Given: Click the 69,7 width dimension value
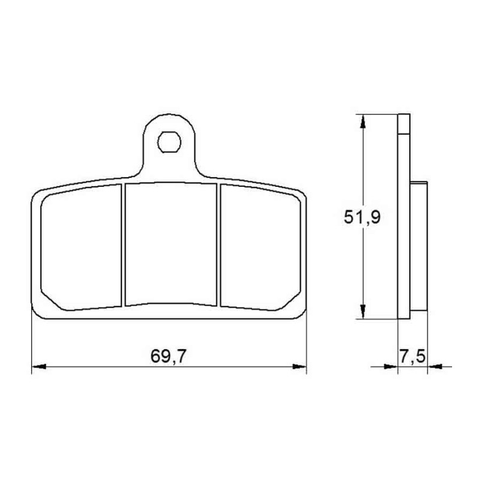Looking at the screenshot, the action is [168, 356].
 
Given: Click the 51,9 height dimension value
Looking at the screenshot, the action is [362, 217].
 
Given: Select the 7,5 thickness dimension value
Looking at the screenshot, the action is [412, 356].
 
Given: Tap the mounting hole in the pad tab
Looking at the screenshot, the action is [169, 142].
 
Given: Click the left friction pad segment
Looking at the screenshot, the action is [81, 247].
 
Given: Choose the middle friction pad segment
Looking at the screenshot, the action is [171, 244].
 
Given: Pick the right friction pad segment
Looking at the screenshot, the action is [260, 247].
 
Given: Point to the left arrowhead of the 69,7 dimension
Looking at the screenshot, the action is [39, 366].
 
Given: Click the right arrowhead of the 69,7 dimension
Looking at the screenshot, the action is [299, 366].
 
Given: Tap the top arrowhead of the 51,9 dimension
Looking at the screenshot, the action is [363, 122].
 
